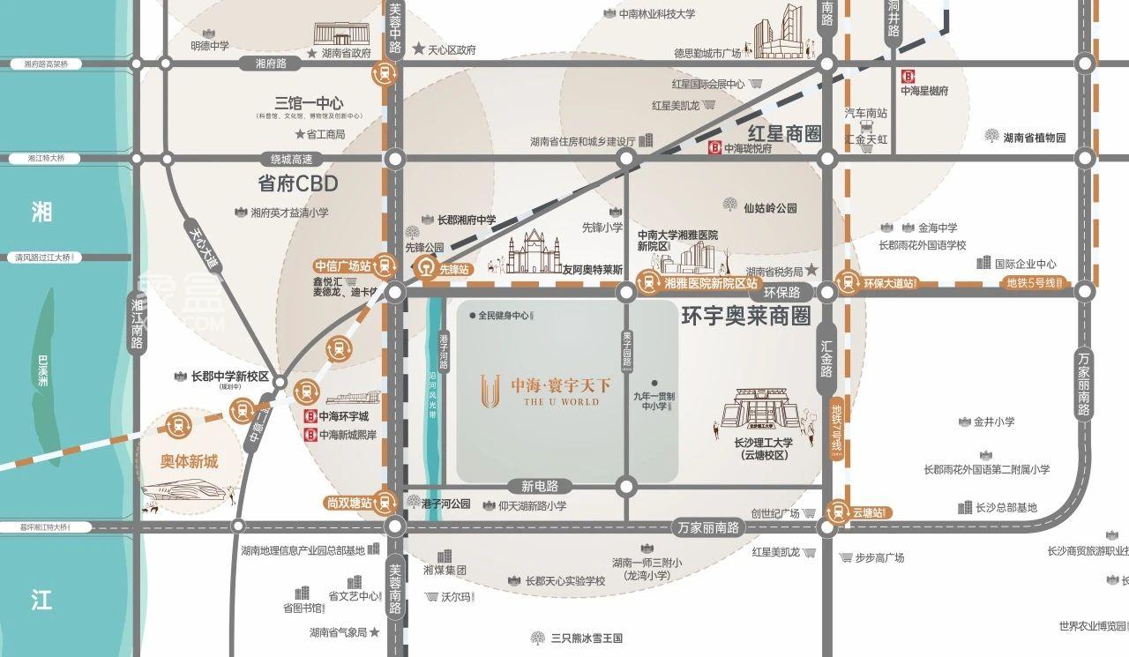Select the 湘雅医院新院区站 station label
click(x=710, y=283)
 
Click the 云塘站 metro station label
click(x=868, y=511)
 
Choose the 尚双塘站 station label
click(x=348, y=502)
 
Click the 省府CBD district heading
click(x=298, y=184)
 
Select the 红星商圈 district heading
click(x=784, y=134)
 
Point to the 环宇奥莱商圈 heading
click(x=745, y=317)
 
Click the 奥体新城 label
click(x=189, y=461)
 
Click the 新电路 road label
click(x=540, y=486)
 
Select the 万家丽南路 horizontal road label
click(x=708, y=527)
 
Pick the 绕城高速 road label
click(x=291, y=160)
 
